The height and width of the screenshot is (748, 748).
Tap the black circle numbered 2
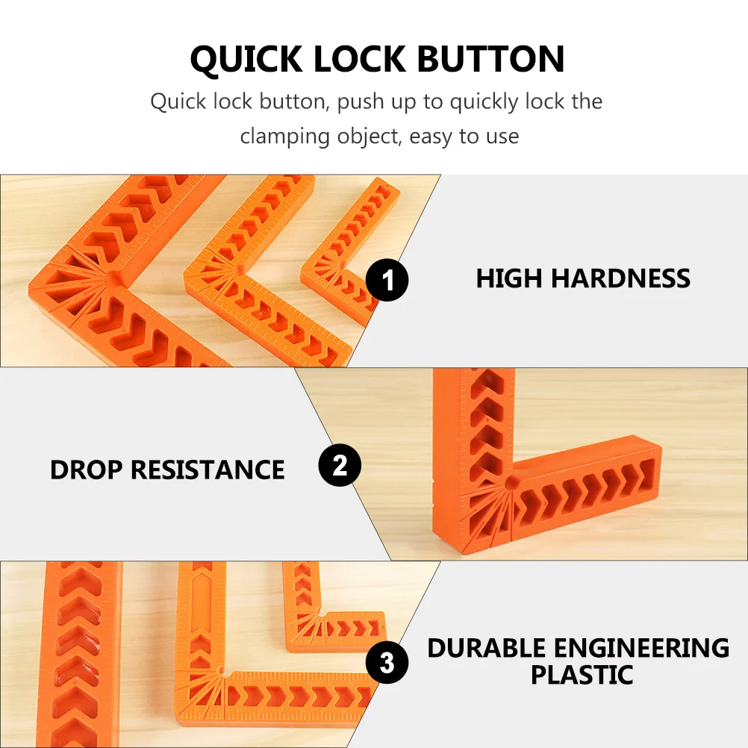pyautogui.click(x=340, y=467)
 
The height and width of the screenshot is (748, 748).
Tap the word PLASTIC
pyautogui.click(x=582, y=675)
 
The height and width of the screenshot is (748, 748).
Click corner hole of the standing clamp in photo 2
pyautogui.click(x=511, y=484)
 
